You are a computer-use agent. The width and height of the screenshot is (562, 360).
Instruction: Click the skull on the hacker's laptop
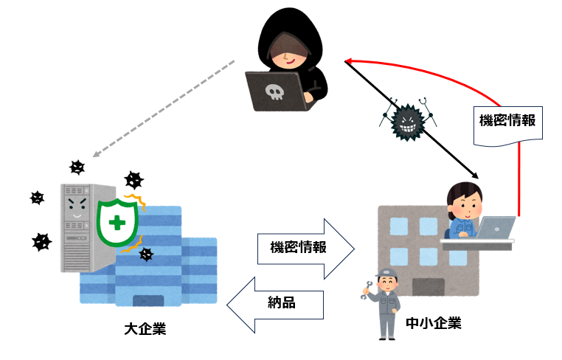click(x=274, y=91)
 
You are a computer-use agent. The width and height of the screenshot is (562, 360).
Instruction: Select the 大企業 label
click(x=145, y=329)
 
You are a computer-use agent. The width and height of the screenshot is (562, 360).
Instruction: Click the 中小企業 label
click(x=434, y=323)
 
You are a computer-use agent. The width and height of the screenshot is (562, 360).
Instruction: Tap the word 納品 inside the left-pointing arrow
click(x=282, y=302)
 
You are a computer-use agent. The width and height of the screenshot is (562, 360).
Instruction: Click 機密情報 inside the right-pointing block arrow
click(x=298, y=247)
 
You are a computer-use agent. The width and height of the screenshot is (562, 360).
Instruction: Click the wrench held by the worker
click(x=366, y=291)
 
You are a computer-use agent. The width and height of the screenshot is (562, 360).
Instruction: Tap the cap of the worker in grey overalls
click(x=386, y=273)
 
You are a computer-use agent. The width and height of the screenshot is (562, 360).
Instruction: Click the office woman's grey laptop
click(x=496, y=227)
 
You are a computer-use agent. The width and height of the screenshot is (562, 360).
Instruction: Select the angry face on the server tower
click(x=77, y=207)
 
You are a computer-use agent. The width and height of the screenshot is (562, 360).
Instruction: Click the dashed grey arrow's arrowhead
click(x=96, y=154)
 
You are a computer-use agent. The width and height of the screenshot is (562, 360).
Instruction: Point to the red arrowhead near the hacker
click(x=349, y=61)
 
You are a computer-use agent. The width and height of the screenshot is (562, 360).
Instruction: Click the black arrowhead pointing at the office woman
click(x=475, y=176)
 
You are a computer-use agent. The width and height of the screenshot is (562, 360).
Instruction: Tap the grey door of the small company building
click(x=429, y=287)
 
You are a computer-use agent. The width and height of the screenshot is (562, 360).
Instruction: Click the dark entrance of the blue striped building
click(x=148, y=300)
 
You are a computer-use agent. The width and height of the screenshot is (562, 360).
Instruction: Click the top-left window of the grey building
click(x=399, y=226)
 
